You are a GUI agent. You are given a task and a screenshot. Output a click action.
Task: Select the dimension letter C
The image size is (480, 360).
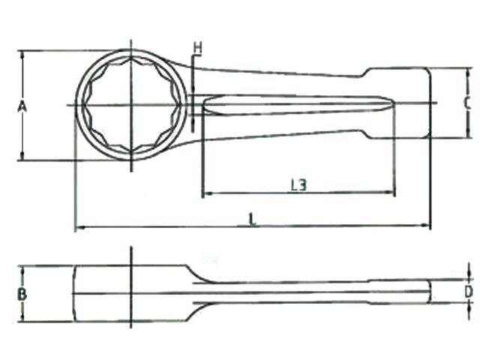pyautogui.click(x=466, y=103)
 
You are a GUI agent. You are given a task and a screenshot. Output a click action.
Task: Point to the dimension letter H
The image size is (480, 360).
pyautogui.click(x=197, y=49)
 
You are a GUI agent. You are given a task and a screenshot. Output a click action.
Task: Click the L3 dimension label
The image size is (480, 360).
pyautogui.click(x=298, y=184)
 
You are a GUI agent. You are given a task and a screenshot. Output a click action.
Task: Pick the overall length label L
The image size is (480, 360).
pyautogui.click(x=253, y=219)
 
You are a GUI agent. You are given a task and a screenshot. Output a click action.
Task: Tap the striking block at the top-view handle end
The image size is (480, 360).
pyautogui.click(x=397, y=103)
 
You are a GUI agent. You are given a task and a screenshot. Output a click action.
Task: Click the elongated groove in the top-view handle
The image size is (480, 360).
pyautogui.click(x=292, y=105)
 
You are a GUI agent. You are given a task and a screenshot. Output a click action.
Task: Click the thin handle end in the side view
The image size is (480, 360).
pyautogui.click(x=397, y=292)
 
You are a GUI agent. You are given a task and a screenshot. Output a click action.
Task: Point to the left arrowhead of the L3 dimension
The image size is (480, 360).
pyautogui.click(x=205, y=193)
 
